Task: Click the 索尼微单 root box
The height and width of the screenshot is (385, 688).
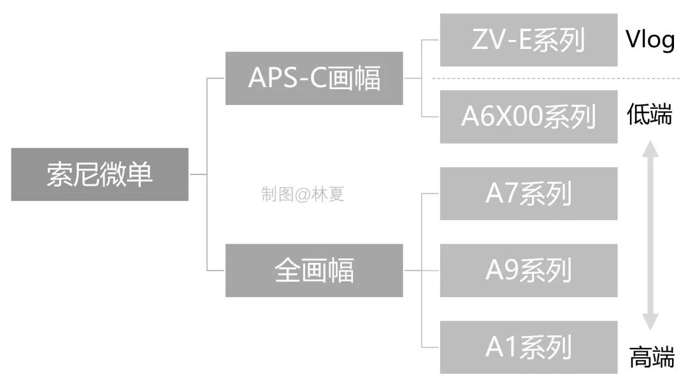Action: [x=99, y=174]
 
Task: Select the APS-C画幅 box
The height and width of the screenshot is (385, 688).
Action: [x=313, y=78]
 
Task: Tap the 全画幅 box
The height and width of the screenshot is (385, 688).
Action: [x=313, y=270]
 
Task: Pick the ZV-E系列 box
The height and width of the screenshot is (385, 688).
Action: [x=528, y=40]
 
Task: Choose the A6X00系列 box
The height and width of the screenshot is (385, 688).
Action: [x=528, y=116]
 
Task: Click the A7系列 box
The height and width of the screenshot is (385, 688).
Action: [x=528, y=193]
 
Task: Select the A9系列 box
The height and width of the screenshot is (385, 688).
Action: [x=528, y=270]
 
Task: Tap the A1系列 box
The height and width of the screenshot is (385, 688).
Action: [x=528, y=347]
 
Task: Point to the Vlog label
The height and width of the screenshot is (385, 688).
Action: [x=649, y=40]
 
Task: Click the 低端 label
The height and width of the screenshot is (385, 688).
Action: [x=649, y=116]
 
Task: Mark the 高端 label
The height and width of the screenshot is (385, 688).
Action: [x=651, y=357]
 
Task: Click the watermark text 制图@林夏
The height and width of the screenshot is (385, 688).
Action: [x=302, y=195]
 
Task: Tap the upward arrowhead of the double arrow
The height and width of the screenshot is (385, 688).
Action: [x=649, y=150]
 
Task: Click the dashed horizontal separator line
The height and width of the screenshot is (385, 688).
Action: [x=554, y=78]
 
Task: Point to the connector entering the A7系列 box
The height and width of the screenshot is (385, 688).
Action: [x=431, y=193]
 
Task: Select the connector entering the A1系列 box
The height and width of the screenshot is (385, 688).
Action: [x=431, y=347]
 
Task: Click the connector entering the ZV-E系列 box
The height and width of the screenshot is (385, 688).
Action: [x=431, y=40]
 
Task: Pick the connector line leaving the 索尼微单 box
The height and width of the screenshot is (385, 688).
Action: [x=197, y=174]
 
